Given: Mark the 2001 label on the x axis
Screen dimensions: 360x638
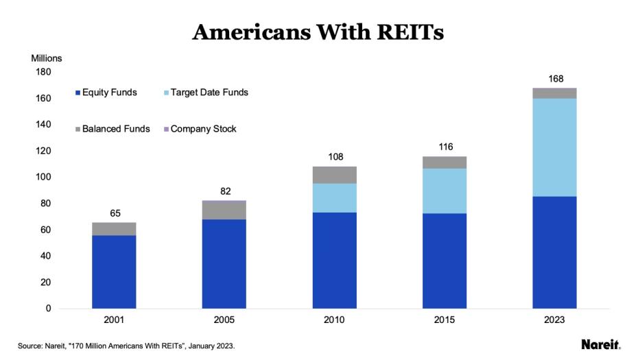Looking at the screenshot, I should (114, 321).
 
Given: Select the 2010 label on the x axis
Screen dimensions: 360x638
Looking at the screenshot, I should (334, 321).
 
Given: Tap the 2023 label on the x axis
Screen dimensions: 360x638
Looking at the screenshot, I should (554, 321).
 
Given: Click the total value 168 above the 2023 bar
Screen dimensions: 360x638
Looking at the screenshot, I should (554, 79).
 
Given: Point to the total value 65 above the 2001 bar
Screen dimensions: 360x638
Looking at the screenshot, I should (114, 213).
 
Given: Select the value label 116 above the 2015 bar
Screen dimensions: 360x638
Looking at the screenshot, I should (445, 147).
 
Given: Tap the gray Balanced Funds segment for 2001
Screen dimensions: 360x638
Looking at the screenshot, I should (114, 229).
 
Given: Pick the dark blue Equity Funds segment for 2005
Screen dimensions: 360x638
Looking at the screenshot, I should (224, 264).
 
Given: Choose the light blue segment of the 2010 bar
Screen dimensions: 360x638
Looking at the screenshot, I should (334, 197).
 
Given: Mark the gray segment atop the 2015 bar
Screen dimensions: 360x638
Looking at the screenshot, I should (445, 163).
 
